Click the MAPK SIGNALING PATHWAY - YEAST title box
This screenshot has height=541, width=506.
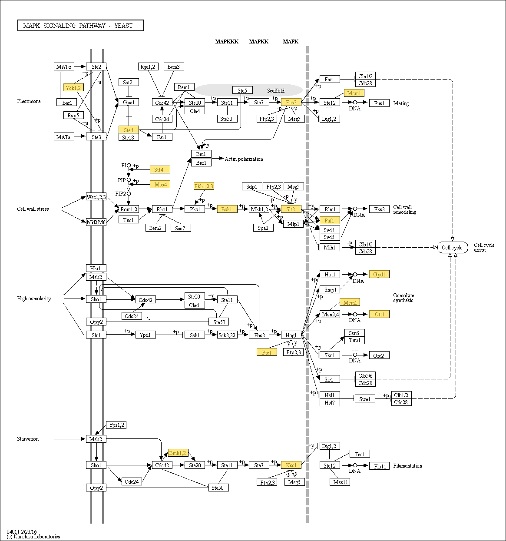(x=81, y=26)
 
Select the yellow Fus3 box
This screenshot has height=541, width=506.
(x=291, y=103)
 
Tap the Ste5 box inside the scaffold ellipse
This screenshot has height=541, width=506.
(x=242, y=90)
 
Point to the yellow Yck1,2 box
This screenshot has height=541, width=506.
(x=73, y=87)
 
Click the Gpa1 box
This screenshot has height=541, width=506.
(x=129, y=103)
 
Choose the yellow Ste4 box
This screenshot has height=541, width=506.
(x=129, y=129)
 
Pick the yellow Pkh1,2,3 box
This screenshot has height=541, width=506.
(x=204, y=186)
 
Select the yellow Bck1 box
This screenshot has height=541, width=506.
(x=227, y=209)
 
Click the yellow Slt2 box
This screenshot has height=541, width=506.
(x=291, y=209)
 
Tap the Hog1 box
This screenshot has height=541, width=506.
(x=291, y=335)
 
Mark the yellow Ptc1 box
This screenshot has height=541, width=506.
(x=267, y=352)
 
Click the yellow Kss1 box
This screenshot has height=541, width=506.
(x=291, y=465)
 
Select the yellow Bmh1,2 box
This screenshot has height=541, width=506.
(x=178, y=453)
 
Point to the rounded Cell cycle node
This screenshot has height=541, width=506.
(x=452, y=247)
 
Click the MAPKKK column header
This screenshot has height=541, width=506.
(x=227, y=42)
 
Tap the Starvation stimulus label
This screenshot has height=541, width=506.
(x=28, y=439)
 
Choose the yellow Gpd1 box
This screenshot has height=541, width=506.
(x=379, y=274)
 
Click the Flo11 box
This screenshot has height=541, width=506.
(x=379, y=466)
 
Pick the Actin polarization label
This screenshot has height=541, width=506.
(x=244, y=159)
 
